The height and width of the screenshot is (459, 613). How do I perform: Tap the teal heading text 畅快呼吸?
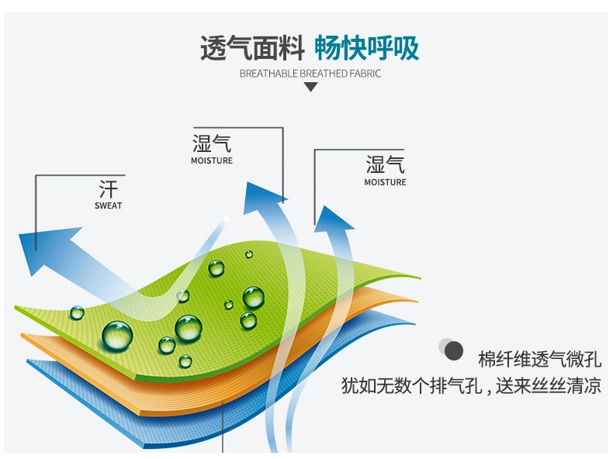(x=366, y=48)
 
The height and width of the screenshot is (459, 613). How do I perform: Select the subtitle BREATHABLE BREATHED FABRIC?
(x=310, y=74)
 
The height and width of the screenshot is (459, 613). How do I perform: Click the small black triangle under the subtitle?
(x=310, y=87)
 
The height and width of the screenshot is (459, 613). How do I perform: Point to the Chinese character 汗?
(x=109, y=189)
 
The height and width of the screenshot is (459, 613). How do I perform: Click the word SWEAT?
(x=109, y=206)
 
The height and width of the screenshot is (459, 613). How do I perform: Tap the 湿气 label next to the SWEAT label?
(x=212, y=143)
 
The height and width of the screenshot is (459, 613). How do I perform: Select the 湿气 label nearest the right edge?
(x=385, y=164)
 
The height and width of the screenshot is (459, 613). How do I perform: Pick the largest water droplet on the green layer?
(x=117, y=335)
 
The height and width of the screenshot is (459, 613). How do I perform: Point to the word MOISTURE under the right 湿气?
(x=385, y=182)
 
